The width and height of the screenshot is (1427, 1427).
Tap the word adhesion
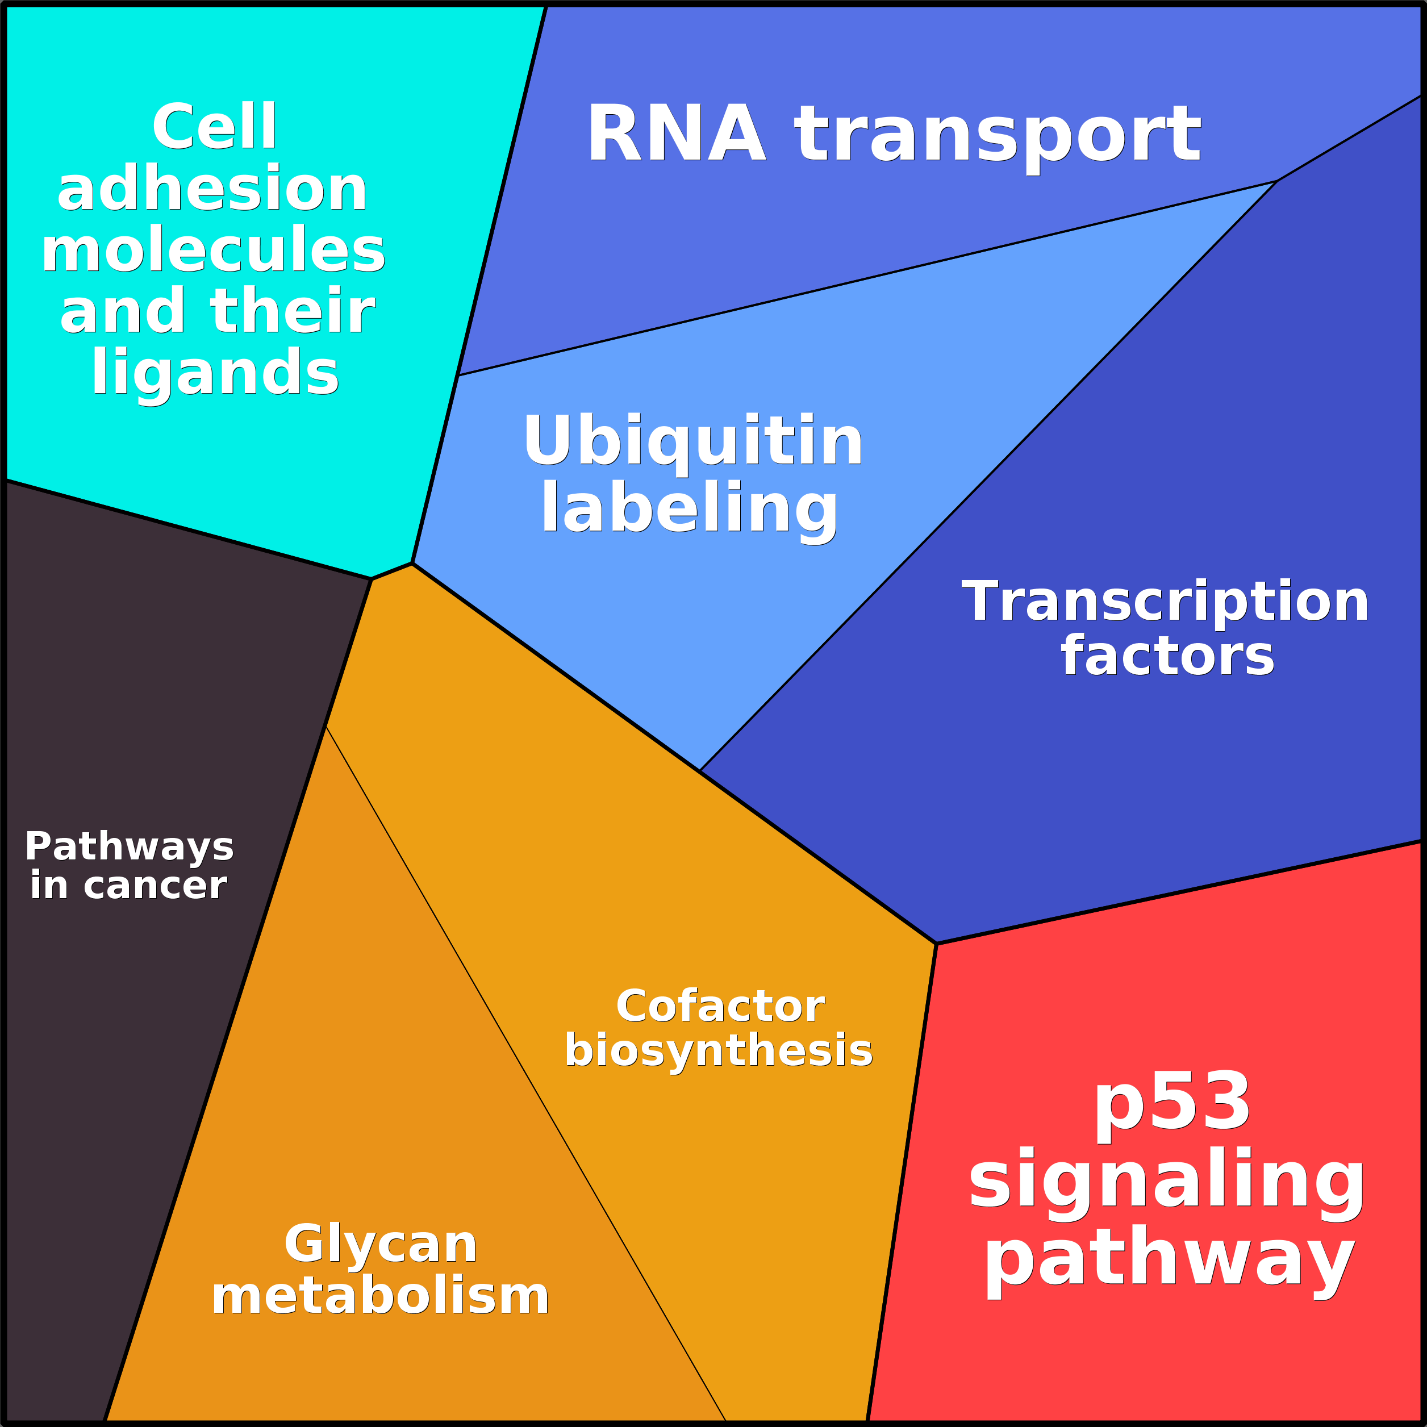pyautogui.click(x=212, y=189)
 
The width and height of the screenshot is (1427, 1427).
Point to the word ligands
pyautogui.click(x=215, y=375)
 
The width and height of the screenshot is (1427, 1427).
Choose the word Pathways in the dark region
pyautogui.click(x=130, y=847)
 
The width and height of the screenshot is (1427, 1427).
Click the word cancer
pyautogui.click(x=155, y=886)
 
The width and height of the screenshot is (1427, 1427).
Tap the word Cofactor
pyautogui.click(x=720, y=1006)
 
